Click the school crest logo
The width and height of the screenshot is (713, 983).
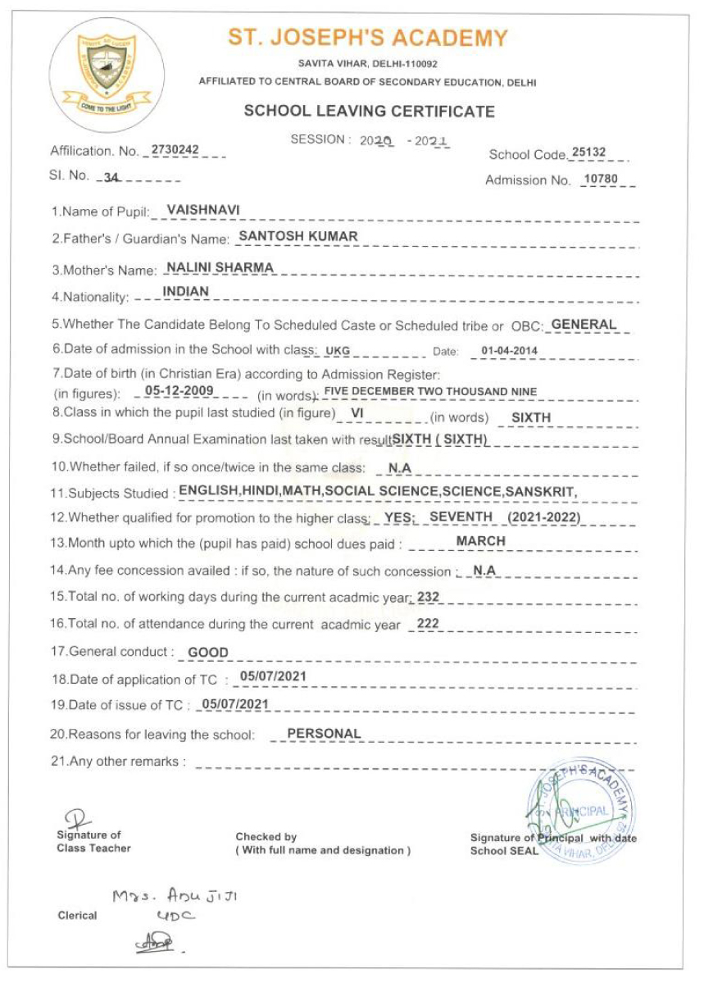tap(107, 73)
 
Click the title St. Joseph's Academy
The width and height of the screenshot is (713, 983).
tap(367, 39)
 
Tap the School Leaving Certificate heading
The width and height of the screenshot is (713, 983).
tap(369, 111)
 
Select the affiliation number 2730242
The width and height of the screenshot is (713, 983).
tap(175, 150)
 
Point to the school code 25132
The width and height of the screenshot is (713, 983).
tap(589, 152)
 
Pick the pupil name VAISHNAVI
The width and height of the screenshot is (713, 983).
tap(202, 210)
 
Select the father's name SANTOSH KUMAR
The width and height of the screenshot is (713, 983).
tap(297, 236)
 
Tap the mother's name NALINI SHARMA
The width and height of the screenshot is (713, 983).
tap(219, 267)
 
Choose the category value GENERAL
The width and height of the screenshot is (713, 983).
tap(584, 325)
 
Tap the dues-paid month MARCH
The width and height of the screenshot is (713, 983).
tap(481, 541)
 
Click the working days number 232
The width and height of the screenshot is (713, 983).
tap(428, 598)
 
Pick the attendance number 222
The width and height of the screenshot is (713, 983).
tap(428, 624)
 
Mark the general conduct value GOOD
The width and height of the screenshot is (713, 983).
tap(208, 653)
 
